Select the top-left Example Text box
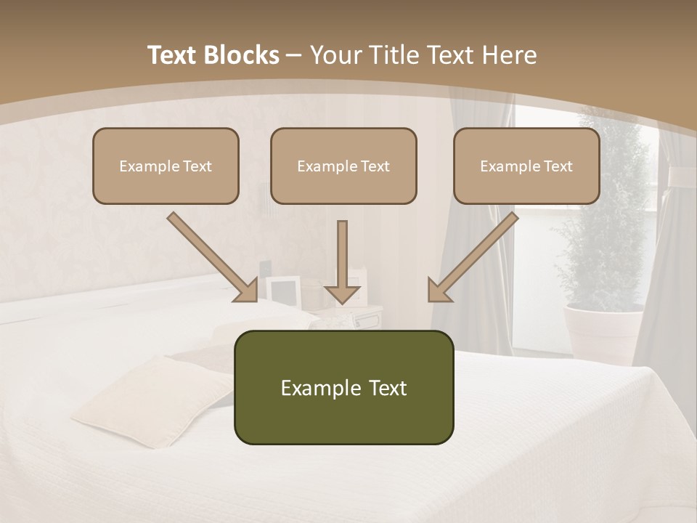tap(166, 166)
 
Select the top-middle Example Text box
tap(343, 166)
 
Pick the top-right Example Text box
tap(526, 166)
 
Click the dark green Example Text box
tap(343, 387)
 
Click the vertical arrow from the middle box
tap(342, 261)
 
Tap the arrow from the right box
tap(473, 257)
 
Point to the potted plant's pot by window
tap(603, 331)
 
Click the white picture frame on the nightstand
tap(282, 290)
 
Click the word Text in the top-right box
tap(558, 166)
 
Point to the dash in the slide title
tap(294, 55)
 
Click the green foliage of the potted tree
tap(607, 218)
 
